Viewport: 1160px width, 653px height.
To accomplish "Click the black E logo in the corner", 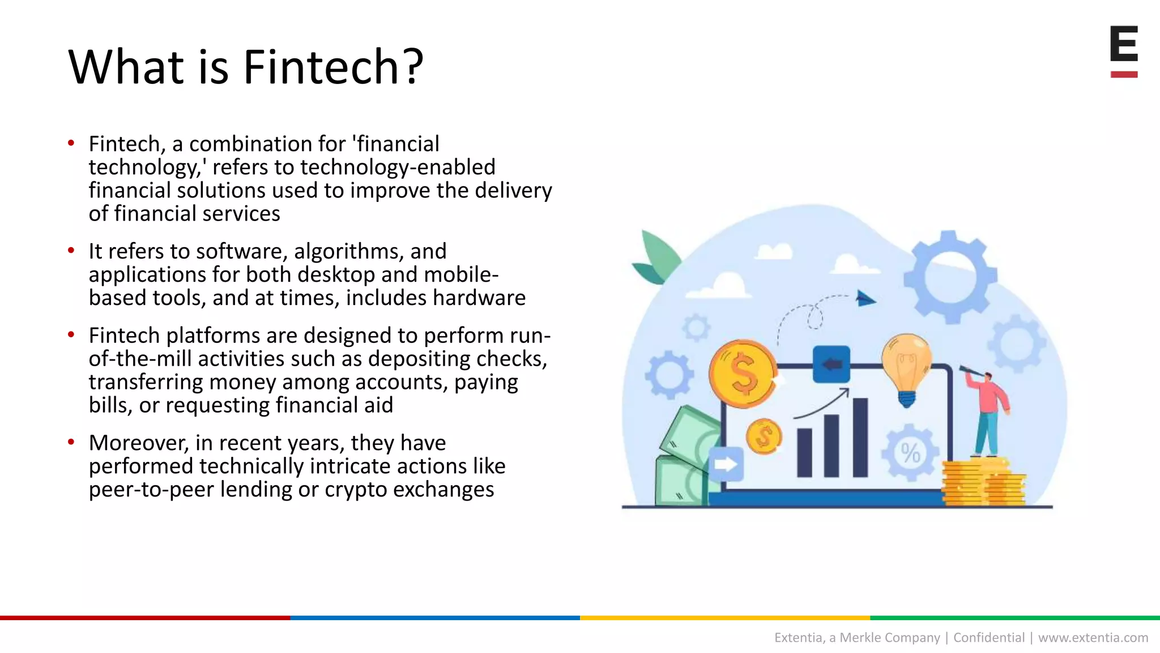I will click(x=1124, y=44).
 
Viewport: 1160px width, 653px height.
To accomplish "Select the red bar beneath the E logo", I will click(x=1124, y=74).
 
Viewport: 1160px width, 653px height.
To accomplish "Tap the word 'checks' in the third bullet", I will click(x=511, y=359).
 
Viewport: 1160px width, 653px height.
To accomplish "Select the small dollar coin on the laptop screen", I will click(x=764, y=436).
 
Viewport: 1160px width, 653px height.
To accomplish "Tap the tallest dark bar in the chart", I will click(x=860, y=438).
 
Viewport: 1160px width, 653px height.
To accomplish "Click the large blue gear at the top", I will click(x=950, y=276).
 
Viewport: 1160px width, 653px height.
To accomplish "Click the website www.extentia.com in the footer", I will click(x=1093, y=638).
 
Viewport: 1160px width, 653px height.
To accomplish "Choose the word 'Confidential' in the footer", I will click(x=989, y=638).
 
